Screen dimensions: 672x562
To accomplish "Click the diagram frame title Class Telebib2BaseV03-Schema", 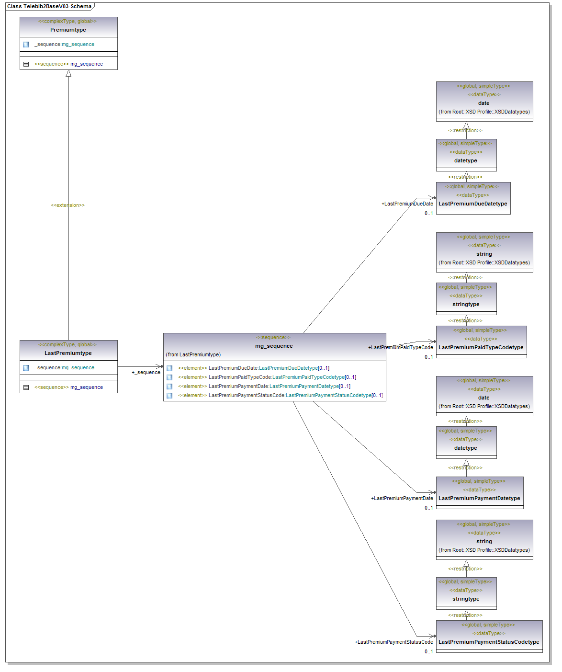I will [x=49, y=6].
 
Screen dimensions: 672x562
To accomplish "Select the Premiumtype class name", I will [x=68, y=30].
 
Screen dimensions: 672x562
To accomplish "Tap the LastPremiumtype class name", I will [x=68, y=353].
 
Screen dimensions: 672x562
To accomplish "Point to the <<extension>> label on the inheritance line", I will [x=67, y=205].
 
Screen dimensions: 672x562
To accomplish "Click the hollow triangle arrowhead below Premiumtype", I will [x=68, y=73].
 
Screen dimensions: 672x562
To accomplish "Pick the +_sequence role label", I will [x=146, y=372].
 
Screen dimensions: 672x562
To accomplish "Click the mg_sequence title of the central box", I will [x=274, y=346].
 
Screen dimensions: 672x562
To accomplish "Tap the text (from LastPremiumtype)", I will [x=193, y=354].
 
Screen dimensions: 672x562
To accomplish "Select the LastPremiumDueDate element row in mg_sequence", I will [x=254, y=368].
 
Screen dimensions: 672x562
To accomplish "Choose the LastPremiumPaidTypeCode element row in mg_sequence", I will [x=267, y=377].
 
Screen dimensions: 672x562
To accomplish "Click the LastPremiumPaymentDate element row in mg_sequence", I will [x=264, y=386].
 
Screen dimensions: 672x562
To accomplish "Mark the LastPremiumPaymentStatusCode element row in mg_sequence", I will [x=280, y=395].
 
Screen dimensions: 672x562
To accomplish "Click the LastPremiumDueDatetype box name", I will [x=473, y=204].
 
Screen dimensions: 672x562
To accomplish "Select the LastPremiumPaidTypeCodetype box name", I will [x=481, y=347].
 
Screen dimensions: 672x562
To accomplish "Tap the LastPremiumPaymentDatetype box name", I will [x=479, y=498].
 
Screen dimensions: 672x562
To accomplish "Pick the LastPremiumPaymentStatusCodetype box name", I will [x=489, y=642].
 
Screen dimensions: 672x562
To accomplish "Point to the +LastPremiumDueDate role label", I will [x=407, y=204].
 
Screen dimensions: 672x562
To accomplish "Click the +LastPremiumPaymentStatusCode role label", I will [x=394, y=642].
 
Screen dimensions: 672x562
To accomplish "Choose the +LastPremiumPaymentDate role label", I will [x=402, y=498].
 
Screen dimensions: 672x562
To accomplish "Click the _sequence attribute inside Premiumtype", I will [x=65, y=44].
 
